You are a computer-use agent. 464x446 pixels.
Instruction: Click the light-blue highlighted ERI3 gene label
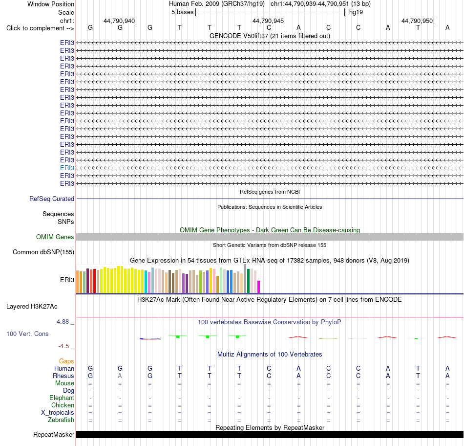click(x=67, y=168)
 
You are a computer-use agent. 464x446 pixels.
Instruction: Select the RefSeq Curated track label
click(x=52, y=199)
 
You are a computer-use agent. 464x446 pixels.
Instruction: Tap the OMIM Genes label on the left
click(x=55, y=237)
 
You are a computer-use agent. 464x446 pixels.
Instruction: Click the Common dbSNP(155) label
click(x=43, y=252)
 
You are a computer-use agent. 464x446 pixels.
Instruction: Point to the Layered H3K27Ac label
click(x=32, y=307)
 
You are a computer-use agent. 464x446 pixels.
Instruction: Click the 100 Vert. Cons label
click(x=27, y=334)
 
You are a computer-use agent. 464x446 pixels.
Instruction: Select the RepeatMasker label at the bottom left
click(x=54, y=435)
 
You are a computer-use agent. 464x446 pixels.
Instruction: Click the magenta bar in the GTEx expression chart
click(x=259, y=287)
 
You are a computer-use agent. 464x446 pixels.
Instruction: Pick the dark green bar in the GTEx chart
click(x=248, y=281)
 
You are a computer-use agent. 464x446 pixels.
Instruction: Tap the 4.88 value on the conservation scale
click(x=63, y=322)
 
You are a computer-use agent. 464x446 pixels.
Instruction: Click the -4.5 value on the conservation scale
click(x=63, y=346)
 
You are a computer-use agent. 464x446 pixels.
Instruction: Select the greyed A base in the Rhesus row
click(x=120, y=376)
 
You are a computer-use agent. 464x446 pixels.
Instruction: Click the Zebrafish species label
click(x=61, y=420)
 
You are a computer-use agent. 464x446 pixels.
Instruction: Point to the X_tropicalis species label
click(x=58, y=413)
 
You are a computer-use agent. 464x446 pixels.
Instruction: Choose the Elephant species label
click(x=62, y=398)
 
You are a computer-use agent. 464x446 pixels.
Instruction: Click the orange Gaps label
click(x=66, y=361)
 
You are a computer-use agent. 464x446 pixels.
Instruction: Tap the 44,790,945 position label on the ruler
click(x=268, y=21)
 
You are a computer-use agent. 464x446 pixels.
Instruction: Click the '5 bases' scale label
click(x=182, y=12)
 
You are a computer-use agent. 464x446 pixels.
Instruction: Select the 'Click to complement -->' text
click(x=40, y=28)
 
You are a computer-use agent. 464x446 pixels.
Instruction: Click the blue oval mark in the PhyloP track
click(x=150, y=339)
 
